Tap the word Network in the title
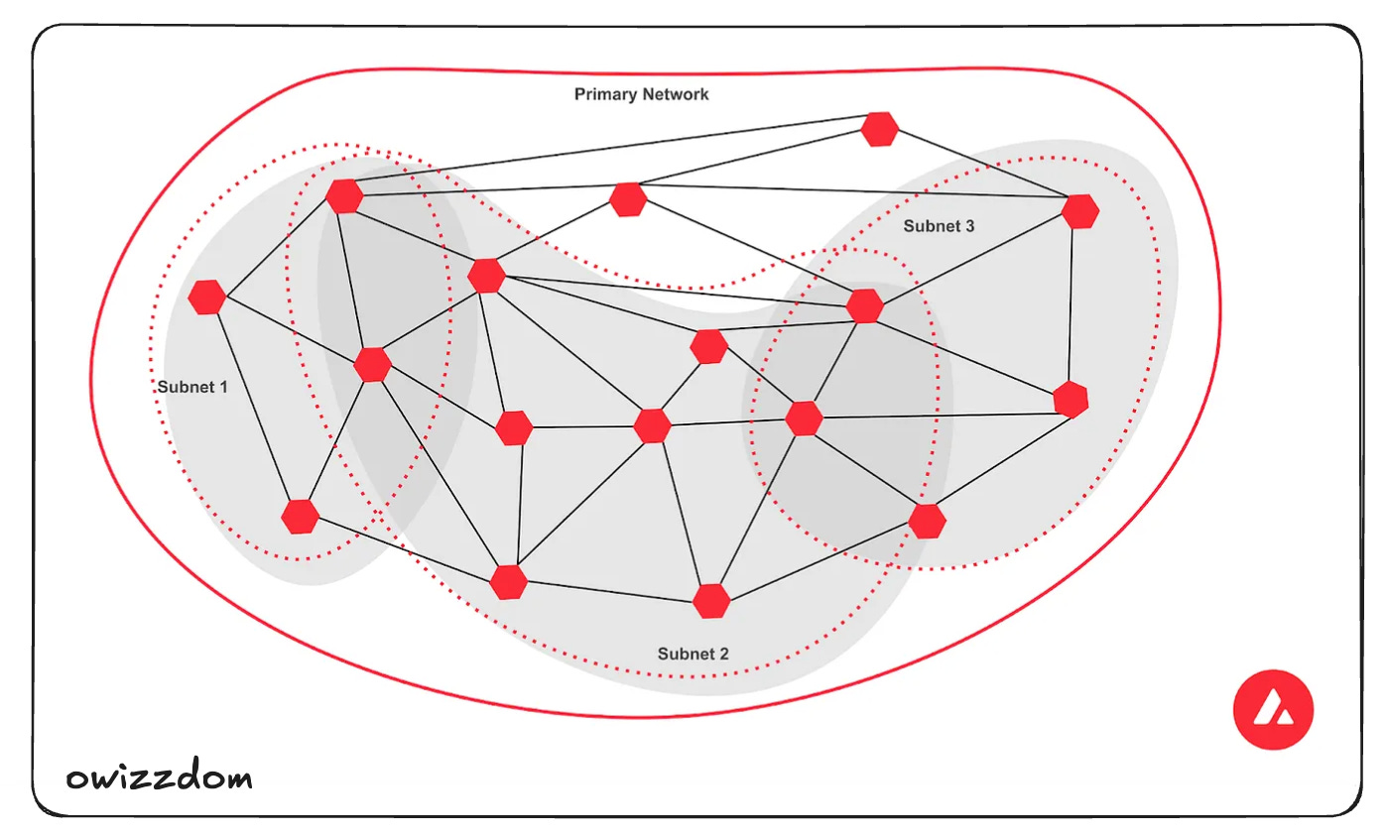point(675,94)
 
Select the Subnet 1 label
point(192,387)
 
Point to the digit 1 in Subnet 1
point(223,387)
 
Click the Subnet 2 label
point(693,655)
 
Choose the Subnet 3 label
point(939,226)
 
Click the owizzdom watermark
point(159,777)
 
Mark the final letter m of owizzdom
point(236,778)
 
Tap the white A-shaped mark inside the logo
point(1273,710)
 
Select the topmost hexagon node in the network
point(879,129)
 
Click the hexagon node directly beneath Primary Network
point(628,199)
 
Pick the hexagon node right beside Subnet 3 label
point(1079,211)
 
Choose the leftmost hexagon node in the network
point(207,298)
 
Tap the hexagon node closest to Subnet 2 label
point(711,601)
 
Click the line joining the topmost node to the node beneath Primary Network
point(754,164)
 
